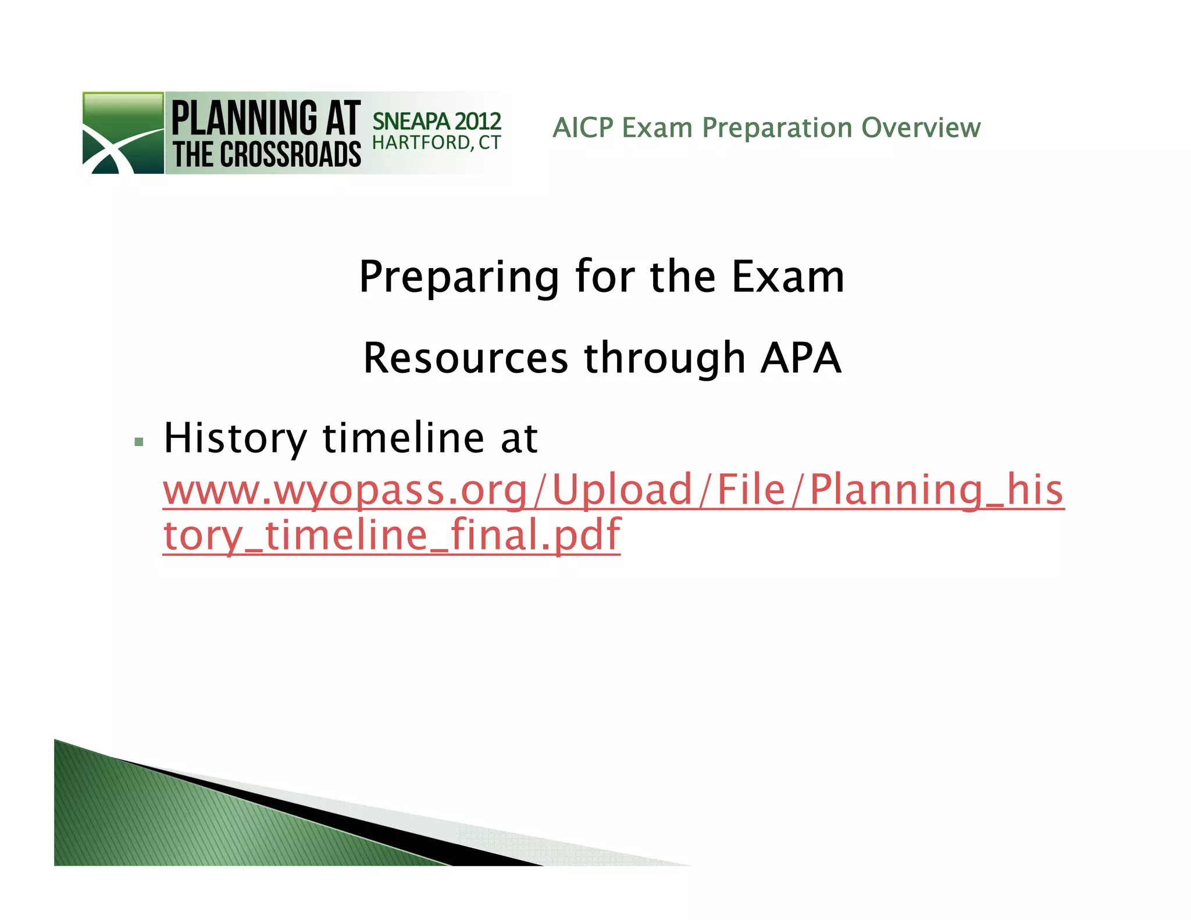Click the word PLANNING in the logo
tap(244, 118)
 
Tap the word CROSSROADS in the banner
tap(290, 155)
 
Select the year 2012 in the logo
tap(477, 122)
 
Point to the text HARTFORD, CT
tap(436, 143)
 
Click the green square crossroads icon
tap(123, 133)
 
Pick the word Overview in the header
tap(921, 128)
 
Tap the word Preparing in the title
tap(459, 277)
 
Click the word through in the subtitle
tap(665, 359)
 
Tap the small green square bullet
tap(138, 442)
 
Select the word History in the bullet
tap(235, 438)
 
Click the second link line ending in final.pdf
tap(391, 535)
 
